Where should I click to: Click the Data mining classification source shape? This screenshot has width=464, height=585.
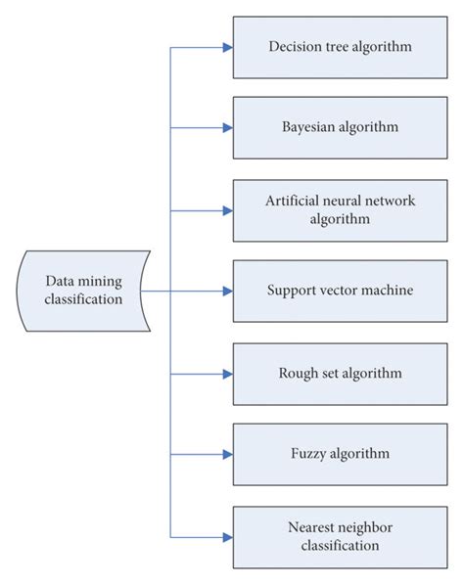click(x=82, y=291)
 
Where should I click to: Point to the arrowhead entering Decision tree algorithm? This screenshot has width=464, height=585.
click(x=226, y=47)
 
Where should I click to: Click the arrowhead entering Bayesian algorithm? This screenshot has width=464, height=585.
click(x=226, y=127)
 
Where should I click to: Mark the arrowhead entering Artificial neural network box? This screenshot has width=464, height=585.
click(x=226, y=209)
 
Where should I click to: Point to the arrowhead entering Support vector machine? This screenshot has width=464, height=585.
click(x=226, y=291)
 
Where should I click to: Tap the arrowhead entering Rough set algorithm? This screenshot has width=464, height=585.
click(x=226, y=373)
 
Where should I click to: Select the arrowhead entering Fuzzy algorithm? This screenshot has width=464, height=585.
click(x=226, y=454)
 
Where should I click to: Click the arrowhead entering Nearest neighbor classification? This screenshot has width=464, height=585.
click(x=226, y=536)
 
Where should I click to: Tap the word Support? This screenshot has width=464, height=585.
click(x=291, y=291)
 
